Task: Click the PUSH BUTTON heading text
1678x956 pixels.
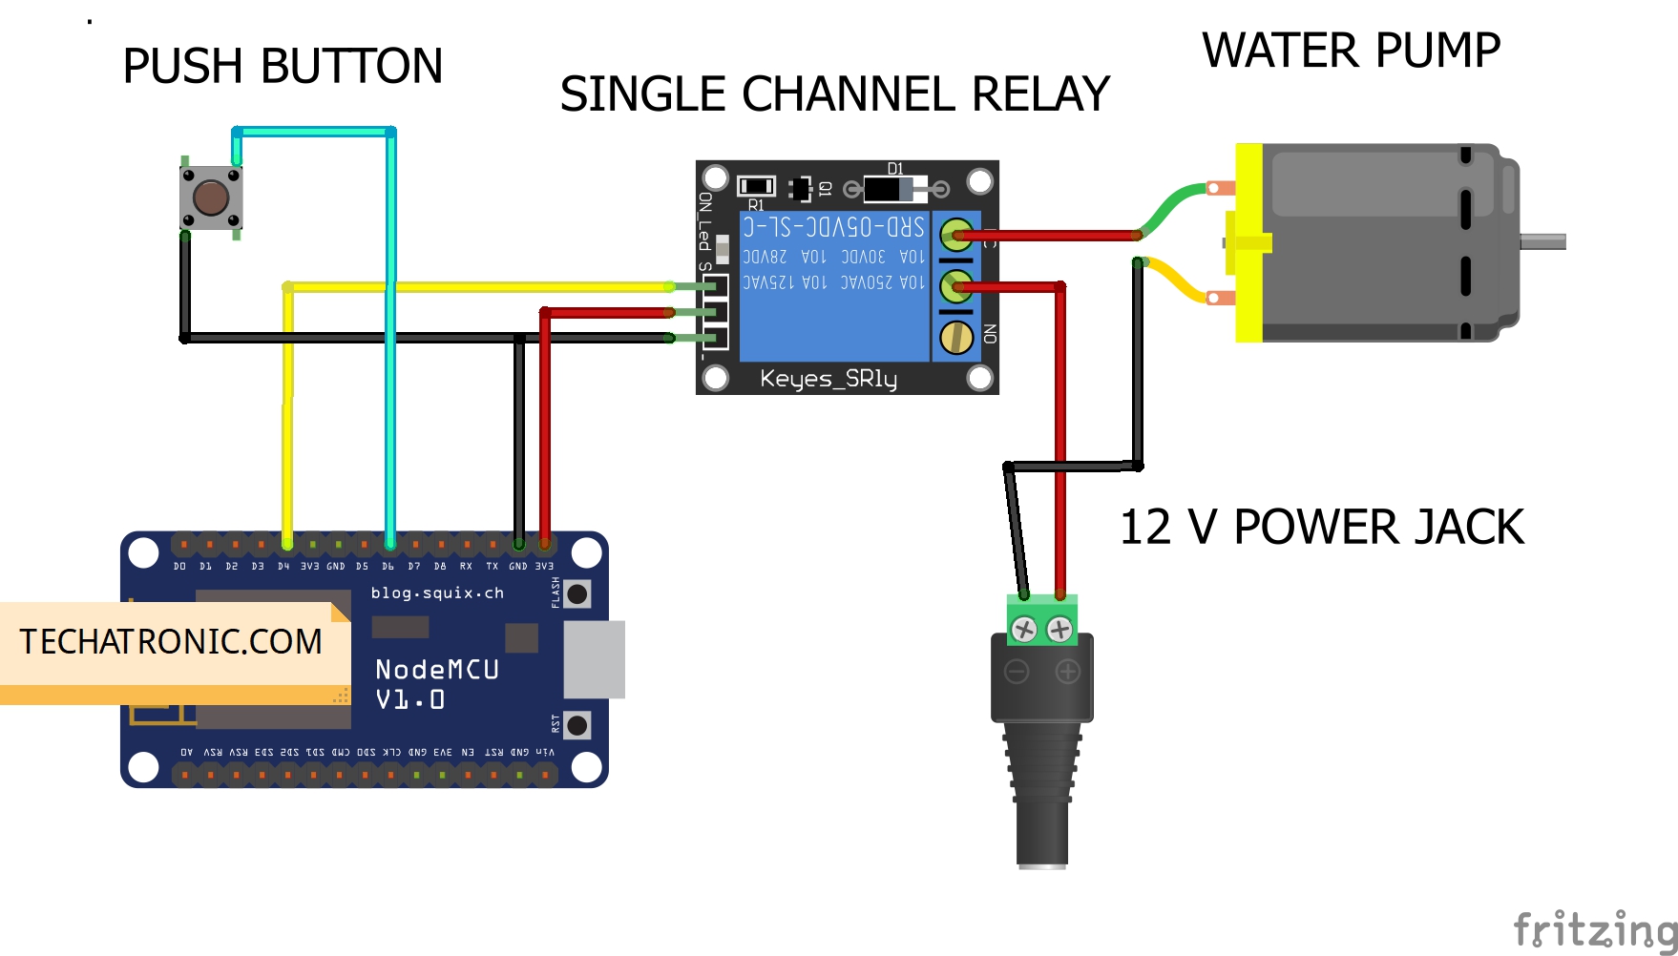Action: pyautogui.click(x=283, y=67)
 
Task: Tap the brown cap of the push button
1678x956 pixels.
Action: pyautogui.click(x=211, y=197)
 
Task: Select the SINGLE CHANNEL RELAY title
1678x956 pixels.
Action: pyautogui.click(x=834, y=94)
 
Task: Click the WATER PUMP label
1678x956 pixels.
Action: pyautogui.click(x=1351, y=51)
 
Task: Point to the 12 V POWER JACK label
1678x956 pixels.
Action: pyautogui.click(x=1321, y=528)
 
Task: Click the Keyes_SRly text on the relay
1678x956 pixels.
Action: pyautogui.click(x=828, y=379)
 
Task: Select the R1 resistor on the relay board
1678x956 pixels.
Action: pyautogui.click(x=756, y=186)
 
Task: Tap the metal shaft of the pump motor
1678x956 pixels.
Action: pyautogui.click(x=1542, y=242)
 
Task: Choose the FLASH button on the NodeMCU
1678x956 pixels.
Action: pyautogui.click(x=577, y=593)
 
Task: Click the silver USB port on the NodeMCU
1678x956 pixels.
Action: pyautogui.click(x=594, y=659)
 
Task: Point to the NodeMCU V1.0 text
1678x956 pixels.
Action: pyautogui.click(x=436, y=684)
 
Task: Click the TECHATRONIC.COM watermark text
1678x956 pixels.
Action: pyautogui.click(x=171, y=642)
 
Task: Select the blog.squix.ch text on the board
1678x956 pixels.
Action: pyautogui.click(x=437, y=592)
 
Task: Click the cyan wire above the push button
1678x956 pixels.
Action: pyautogui.click(x=313, y=132)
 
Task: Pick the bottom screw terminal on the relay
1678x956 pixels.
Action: pyautogui.click(x=956, y=337)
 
